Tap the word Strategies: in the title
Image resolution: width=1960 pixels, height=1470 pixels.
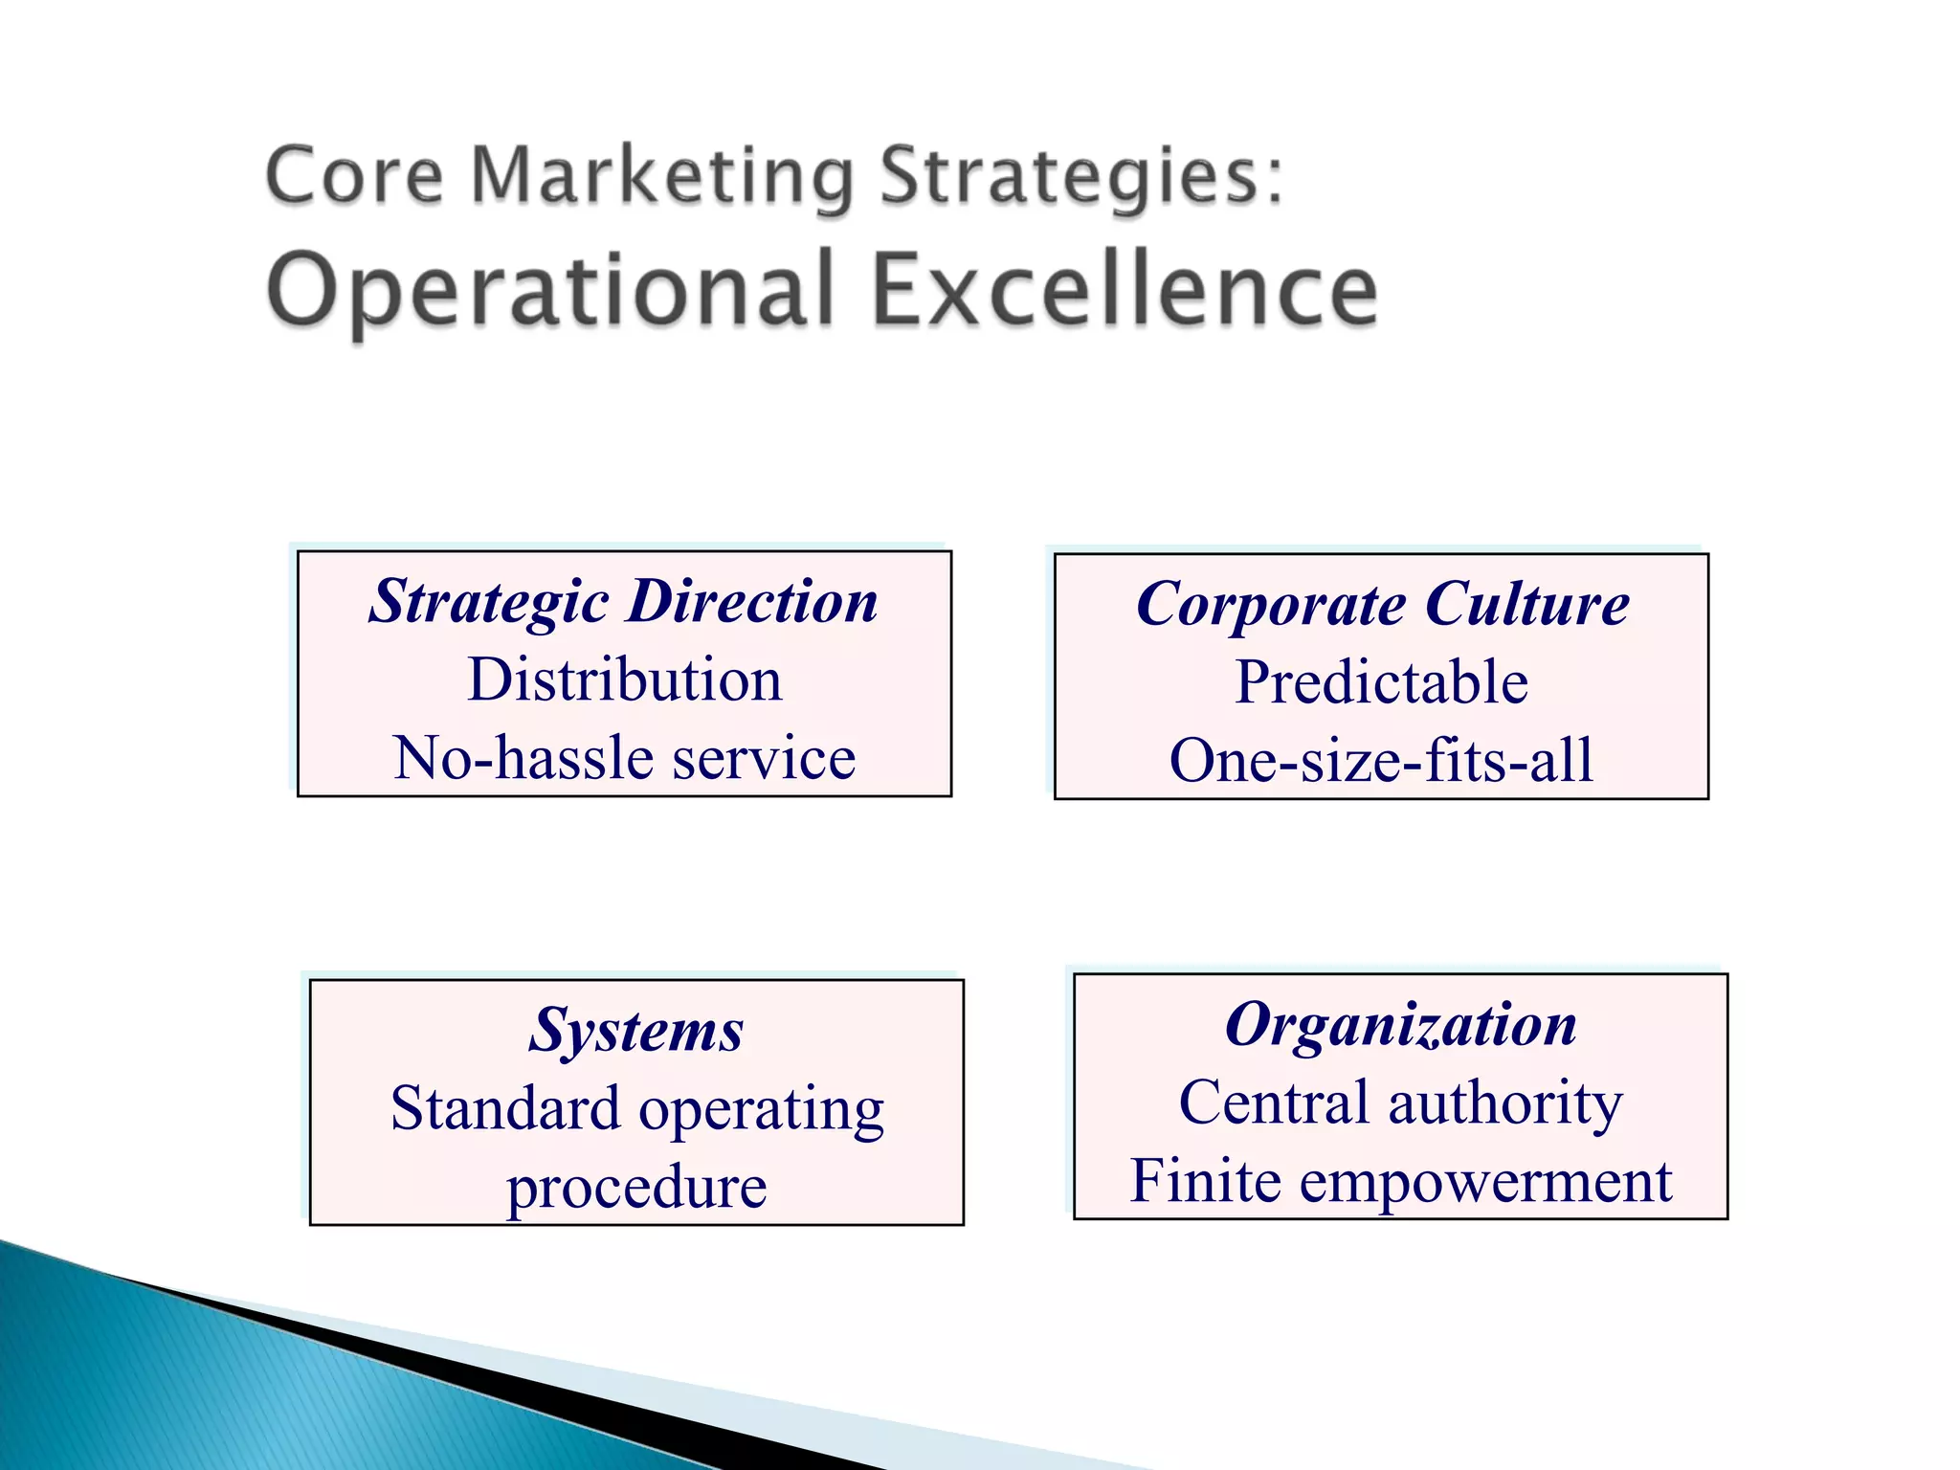coord(1081,177)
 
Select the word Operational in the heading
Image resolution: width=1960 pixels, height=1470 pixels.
coord(550,288)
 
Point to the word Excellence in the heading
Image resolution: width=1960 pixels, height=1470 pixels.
coord(1125,288)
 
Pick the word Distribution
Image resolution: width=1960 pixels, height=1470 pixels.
coord(624,679)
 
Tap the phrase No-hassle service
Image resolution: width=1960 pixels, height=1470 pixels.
coord(624,758)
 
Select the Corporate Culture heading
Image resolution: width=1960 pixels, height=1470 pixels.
coord(1382,604)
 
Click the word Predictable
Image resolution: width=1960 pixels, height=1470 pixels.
coord(1382,682)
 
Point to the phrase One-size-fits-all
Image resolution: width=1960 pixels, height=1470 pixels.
coord(1382,761)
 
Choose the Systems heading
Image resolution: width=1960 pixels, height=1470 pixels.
coord(636,1031)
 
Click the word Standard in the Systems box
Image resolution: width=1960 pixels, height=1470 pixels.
coord(505,1108)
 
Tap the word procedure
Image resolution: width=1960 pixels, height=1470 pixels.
coord(636,1188)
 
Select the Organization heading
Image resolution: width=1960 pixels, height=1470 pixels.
coord(1401,1025)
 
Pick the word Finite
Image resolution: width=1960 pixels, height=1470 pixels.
coord(1205,1181)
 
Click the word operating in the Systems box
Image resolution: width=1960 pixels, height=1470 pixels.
coord(762,1110)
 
